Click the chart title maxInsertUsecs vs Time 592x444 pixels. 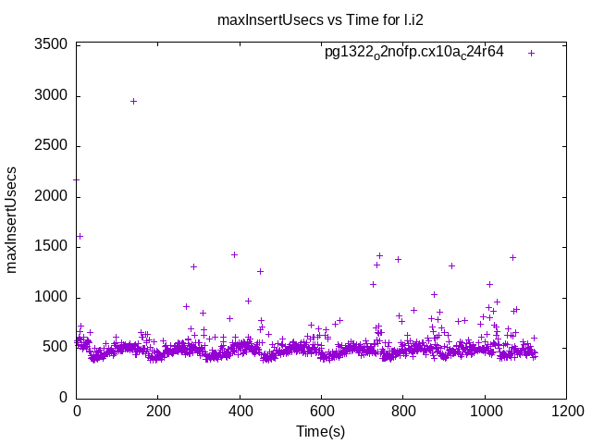click(x=295, y=19)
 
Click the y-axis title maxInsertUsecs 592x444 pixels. click(x=12, y=219)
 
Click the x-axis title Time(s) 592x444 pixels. click(x=320, y=431)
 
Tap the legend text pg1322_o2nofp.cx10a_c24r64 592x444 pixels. click(x=413, y=52)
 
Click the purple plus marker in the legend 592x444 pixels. click(x=531, y=53)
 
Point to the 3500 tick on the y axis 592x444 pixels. click(x=51, y=44)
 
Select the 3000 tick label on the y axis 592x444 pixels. click(x=51, y=95)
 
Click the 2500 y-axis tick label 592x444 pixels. click(x=51, y=146)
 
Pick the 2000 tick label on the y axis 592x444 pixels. click(x=51, y=196)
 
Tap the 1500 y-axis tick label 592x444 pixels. click(x=51, y=247)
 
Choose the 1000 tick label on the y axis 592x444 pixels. click(x=51, y=297)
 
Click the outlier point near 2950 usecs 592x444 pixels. click(x=133, y=101)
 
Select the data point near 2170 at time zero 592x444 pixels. click(x=77, y=179)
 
